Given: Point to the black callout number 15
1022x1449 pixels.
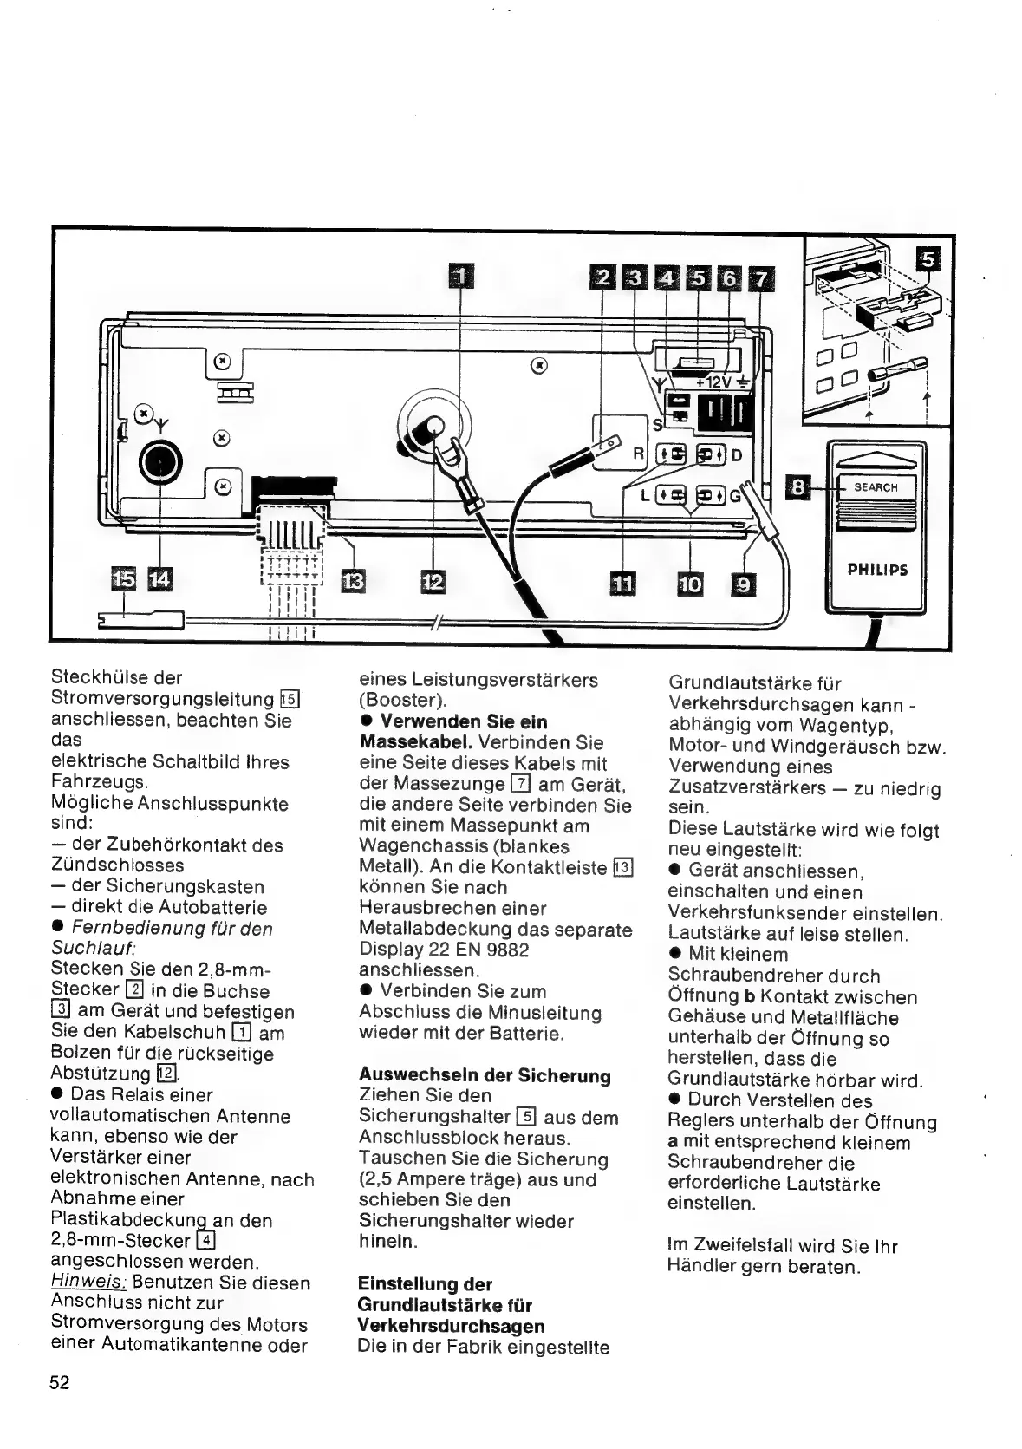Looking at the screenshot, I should point(124,578).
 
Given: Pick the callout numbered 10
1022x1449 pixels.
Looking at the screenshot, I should point(690,584).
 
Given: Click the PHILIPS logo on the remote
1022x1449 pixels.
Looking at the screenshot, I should point(877,570).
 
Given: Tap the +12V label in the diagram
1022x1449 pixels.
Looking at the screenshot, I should point(715,382).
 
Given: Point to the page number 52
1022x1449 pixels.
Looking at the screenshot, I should point(60,1382).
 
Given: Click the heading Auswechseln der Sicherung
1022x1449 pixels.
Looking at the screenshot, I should point(485,1076).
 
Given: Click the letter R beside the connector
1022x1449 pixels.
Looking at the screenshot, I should point(639,453).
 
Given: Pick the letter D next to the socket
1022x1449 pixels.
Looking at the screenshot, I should point(737,455).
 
